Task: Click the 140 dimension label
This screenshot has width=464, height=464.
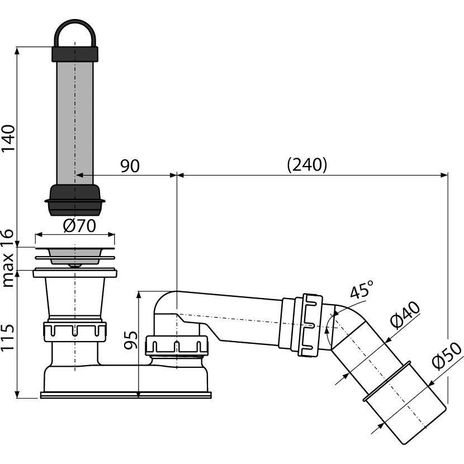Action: pos(8,138)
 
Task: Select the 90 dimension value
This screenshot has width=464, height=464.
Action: pos(130,166)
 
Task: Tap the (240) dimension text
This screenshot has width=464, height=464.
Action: pos(307,164)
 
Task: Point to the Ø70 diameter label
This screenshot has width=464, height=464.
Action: pos(79,226)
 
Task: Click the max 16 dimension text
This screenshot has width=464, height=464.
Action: pos(8,258)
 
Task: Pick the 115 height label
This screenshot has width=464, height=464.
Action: pos(8,338)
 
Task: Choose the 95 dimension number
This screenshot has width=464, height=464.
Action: pos(130,340)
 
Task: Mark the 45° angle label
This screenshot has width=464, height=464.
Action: pos(362,289)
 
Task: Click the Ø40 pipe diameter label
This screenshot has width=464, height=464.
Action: pos(405,315)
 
